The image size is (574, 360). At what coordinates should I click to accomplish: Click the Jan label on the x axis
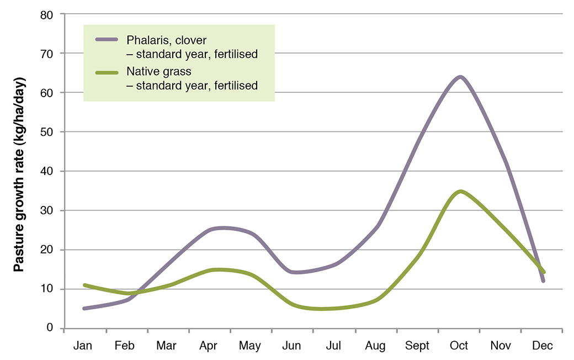(x=83, y=346)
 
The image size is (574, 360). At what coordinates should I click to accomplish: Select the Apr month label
(x=208, y=346)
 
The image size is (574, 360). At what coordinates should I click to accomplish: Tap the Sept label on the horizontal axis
(x=417, y=346)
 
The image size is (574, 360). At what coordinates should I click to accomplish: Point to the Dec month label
(x=542, y=346)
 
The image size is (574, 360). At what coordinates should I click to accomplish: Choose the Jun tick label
(x=291, y=346)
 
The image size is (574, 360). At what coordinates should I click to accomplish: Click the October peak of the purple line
(x=459, y=77)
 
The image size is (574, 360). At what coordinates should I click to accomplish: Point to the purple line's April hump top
(x=221, y=227)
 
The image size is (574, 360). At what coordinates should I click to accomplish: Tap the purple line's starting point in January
(x=84, y=309)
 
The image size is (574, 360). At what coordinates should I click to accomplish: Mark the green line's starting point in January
(x=84, y=285)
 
